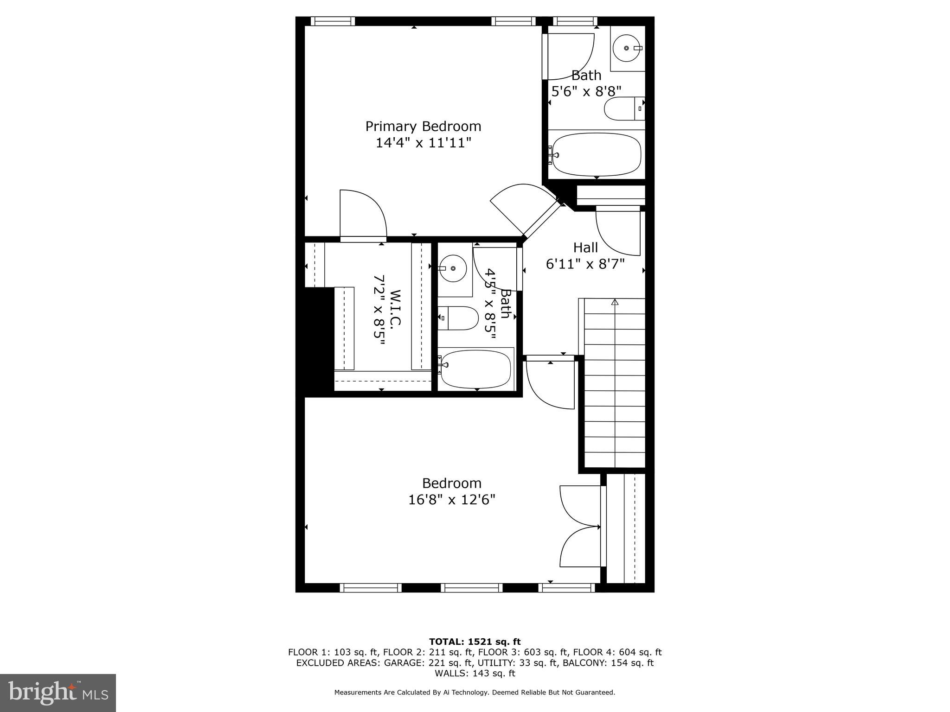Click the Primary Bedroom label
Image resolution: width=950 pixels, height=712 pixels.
pos(423,126)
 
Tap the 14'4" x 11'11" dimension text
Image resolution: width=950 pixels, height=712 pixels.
pos(423,142)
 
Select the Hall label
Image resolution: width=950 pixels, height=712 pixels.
pos(585,248)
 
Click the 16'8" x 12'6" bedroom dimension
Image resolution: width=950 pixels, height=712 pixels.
pos(452,500)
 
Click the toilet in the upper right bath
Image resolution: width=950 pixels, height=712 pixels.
pos(622,109)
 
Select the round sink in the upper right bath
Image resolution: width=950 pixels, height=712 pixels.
pos(627,48)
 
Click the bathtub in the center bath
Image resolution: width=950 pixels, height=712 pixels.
pos(476,369)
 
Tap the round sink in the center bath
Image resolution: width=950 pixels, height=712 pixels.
pos(452,268)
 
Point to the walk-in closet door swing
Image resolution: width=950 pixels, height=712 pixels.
pos(363,216)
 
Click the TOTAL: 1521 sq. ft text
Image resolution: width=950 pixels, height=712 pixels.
pos(475,642)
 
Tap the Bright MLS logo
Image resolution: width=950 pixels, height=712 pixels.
pos(58,693)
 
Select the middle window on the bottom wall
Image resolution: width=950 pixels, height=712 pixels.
pos(471,588)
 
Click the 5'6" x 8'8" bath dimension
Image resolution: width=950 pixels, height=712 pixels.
pos(586,91)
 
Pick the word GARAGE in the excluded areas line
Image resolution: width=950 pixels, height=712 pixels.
pos(402,663)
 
